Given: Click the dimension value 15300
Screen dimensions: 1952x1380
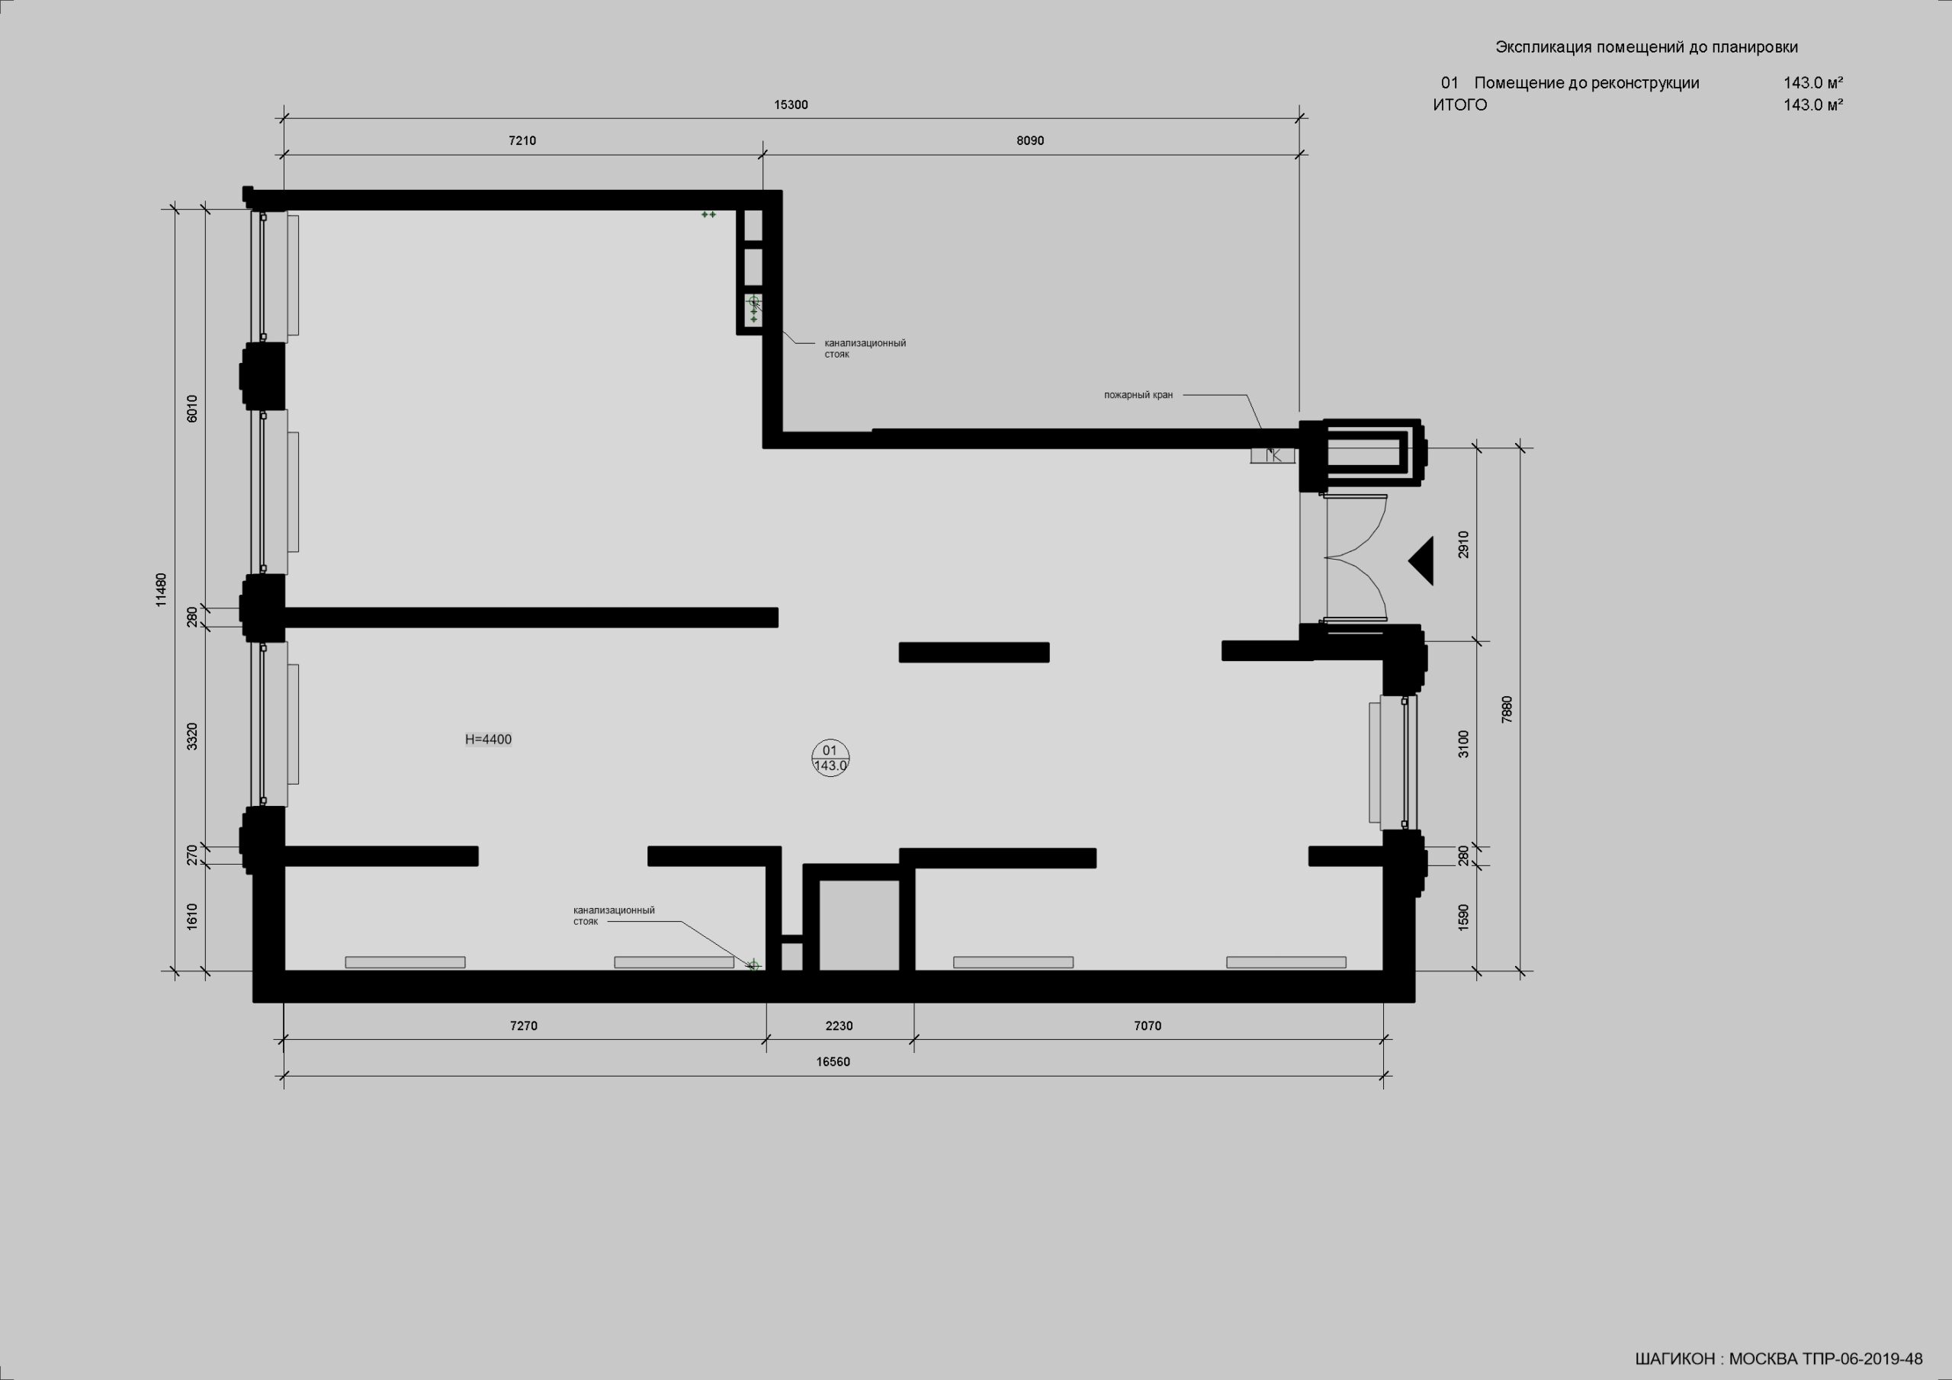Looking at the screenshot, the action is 791,105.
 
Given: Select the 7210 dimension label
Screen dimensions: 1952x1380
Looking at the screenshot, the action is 522,141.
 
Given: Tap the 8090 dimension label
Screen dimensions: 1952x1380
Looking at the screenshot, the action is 1029,141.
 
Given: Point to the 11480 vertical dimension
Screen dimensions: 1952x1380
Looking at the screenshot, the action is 162,589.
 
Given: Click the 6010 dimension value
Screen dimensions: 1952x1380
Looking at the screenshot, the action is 192,409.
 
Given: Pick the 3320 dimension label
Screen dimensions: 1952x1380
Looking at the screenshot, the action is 192,737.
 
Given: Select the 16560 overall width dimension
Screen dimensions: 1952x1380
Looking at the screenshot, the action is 833,1062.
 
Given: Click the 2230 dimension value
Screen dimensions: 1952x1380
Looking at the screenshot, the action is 839,1026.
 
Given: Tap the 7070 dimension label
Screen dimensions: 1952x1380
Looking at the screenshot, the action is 1147,1026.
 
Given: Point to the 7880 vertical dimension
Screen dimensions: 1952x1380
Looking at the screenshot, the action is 1507,709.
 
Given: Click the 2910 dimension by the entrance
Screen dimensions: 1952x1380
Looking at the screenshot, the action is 1463,544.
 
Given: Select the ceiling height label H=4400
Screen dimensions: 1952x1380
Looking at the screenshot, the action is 488,740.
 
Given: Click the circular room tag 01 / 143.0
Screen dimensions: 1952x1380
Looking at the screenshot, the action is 830,758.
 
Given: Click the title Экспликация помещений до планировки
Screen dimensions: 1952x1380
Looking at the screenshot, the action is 1647,47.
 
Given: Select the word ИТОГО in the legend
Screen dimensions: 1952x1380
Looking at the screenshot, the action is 1459,105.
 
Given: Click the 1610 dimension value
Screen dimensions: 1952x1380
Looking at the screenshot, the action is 192,916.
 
